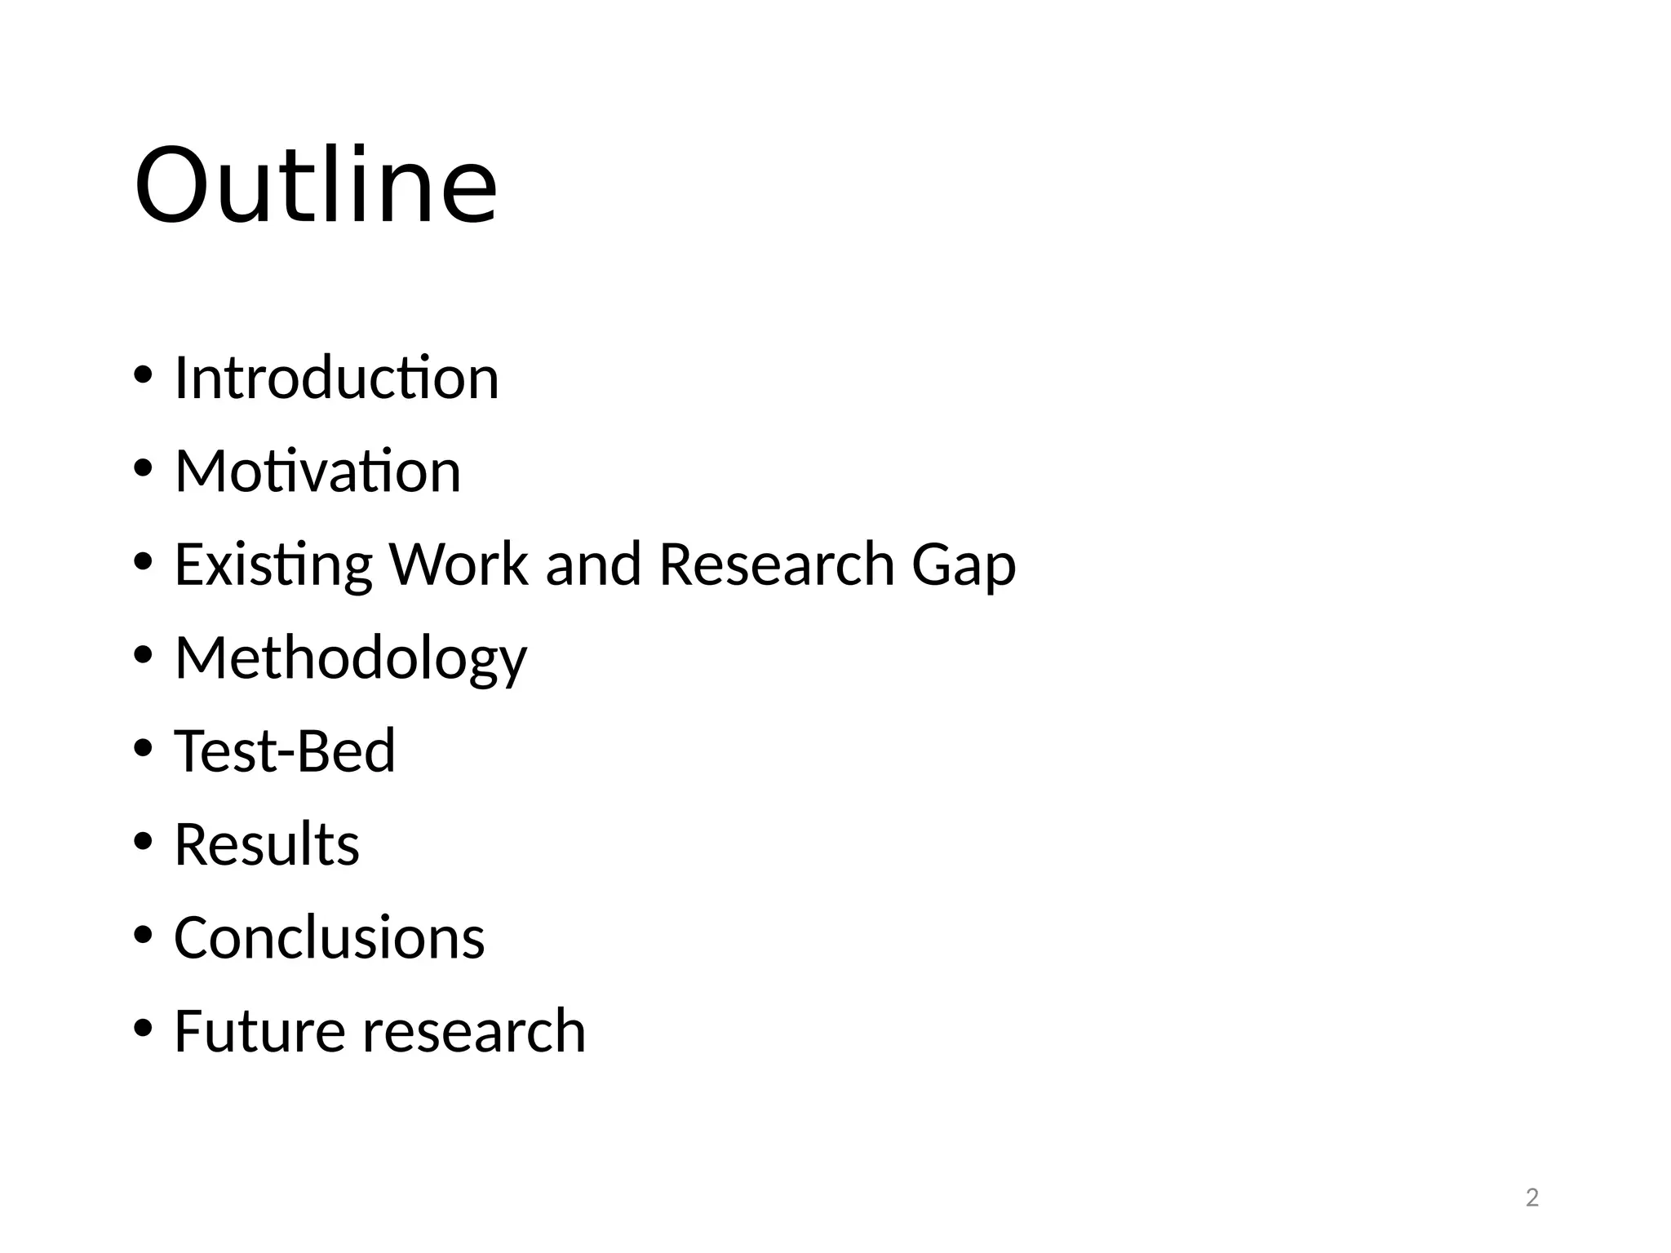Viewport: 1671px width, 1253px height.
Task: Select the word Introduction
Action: (336, 378)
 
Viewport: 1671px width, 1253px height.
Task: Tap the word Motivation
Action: (317, 471)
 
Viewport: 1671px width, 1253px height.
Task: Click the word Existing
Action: (273, 565)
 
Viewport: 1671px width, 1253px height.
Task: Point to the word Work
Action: (459, 564)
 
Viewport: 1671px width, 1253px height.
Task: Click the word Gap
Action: (964, 565)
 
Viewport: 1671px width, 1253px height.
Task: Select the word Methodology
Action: (351, 658)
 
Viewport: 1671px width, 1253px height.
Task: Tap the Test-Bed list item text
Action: (285, 750)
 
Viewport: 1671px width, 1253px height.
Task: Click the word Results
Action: (267, 843)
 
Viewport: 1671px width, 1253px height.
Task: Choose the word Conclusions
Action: (330, 937)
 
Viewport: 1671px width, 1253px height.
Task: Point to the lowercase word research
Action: (474, 1031)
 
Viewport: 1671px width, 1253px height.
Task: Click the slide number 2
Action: (1531, 1198)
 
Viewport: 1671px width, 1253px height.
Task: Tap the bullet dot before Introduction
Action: (143, 375)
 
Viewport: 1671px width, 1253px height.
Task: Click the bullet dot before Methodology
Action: (143, 655)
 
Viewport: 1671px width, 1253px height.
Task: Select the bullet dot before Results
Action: (143, 841)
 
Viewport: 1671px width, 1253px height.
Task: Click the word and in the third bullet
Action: (593, 564)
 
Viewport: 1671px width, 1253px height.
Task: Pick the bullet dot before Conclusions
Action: (143, 935)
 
